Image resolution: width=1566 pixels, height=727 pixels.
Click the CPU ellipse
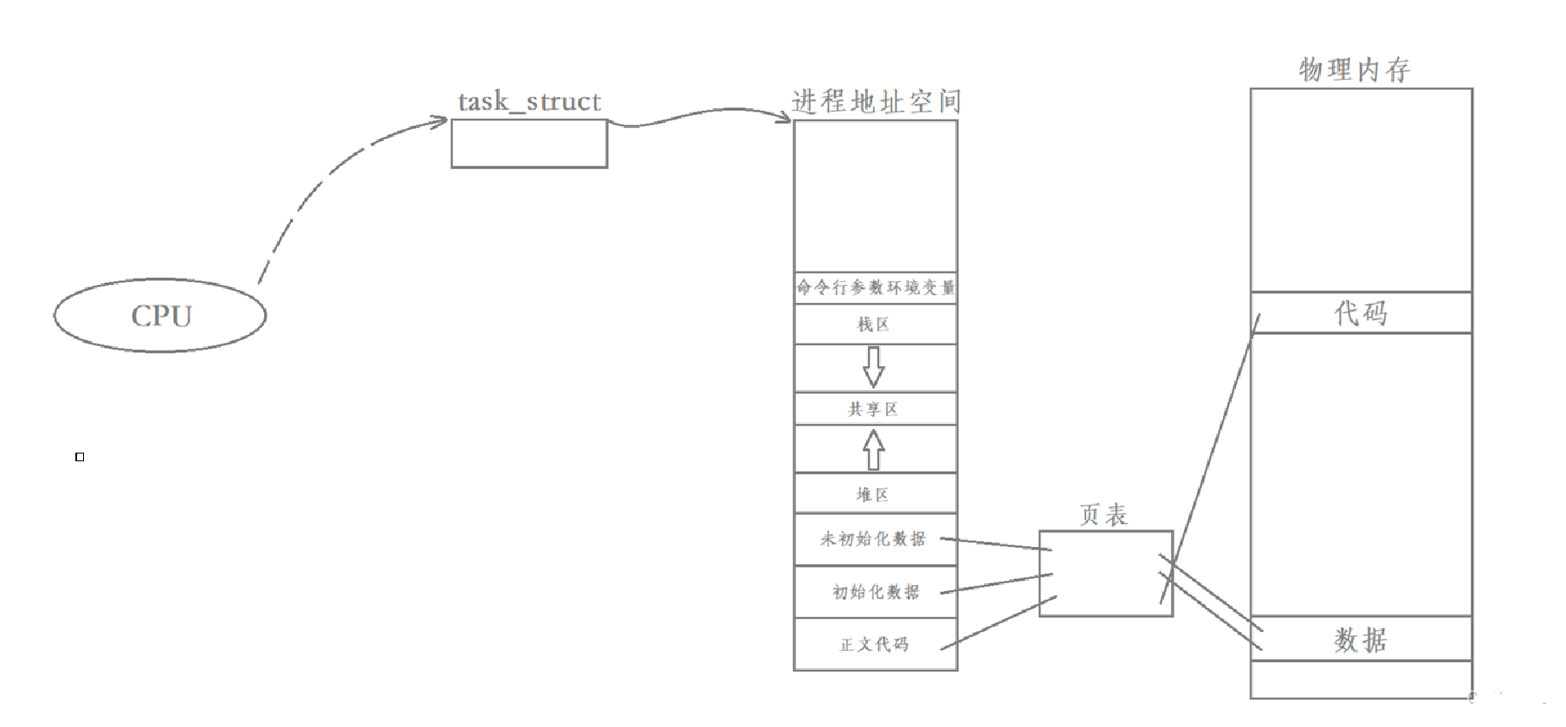[x=160, y=316]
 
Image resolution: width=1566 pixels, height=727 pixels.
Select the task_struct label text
[x=529, y=102]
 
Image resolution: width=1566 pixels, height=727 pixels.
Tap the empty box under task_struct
[x=529, y=144]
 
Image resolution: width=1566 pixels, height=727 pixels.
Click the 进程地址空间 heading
[x=876, y=102]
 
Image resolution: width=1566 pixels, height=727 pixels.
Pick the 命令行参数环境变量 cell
[x=876, y=287]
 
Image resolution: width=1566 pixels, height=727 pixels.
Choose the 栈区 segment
[x=875, y=325]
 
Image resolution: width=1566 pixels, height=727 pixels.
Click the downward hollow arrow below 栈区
[x=874, y=367]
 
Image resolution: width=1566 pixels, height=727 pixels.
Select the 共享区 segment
[x=875, y=409]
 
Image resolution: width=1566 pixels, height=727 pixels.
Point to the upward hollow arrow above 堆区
[x=874, y=449]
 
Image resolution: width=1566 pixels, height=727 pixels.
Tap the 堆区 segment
[x=875, y=494]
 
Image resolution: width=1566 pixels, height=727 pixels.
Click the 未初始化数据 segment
[x=875, y=539]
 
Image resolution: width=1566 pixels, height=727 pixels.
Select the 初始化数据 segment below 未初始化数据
[x=876, y=592]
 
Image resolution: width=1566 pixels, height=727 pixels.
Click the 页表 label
[x=1104, y=515]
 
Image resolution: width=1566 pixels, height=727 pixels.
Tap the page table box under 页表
[x=1105, y=574]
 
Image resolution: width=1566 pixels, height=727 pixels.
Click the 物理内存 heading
[x=1356, y=69]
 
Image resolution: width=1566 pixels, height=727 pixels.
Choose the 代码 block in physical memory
[x=1361, y=312]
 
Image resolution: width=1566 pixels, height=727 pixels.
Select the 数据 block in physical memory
[x=1361, y=640]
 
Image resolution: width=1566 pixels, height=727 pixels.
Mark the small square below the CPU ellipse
[x=80, y=457]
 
